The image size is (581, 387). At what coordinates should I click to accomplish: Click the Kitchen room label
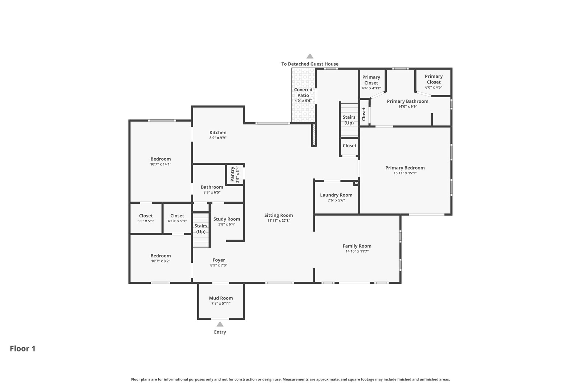[x=218, y=133]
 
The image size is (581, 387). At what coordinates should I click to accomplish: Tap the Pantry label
[x=232, y=174]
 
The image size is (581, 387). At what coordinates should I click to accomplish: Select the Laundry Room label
[x=336, y=195]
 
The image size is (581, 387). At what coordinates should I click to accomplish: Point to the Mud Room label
[x=221, y=298]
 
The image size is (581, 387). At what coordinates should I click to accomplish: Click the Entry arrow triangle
[x=220, y=324]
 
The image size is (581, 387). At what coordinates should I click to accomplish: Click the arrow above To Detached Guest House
[x=310, y=56]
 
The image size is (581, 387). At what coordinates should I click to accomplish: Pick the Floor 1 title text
[x=23, y=349]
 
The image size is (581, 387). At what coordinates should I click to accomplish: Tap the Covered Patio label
[x=303, y=93]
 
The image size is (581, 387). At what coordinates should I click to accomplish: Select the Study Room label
[x=227, y=219]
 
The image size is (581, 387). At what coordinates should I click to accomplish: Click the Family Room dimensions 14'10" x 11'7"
[x=357, y=251]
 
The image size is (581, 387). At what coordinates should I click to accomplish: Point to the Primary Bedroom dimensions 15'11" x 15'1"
[x=405, y=173]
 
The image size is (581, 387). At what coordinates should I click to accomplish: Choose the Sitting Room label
[x=279, y=215]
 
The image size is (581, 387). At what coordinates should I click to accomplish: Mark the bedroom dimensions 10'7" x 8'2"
[x=161, y=261]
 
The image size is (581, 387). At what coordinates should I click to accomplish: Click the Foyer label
[x=219, y=260]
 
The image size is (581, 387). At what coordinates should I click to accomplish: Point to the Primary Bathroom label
[x=408, y=101]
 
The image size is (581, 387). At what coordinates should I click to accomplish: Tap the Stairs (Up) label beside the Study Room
[x=201, y=229]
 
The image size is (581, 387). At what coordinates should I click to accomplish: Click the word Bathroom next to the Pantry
[x=212, y=187]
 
